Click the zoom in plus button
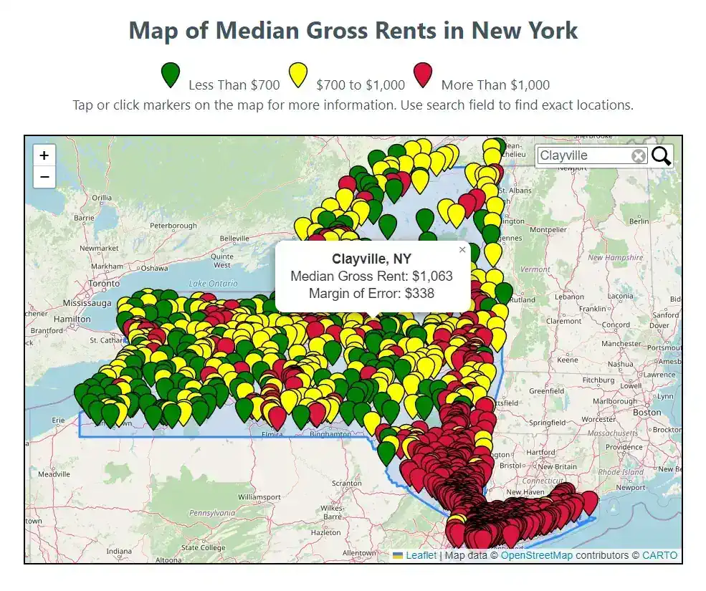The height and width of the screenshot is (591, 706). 44,155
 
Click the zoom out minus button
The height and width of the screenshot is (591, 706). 44,176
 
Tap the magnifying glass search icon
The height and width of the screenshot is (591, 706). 662,155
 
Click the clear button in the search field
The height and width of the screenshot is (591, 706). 638,156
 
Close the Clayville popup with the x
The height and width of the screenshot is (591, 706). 462,250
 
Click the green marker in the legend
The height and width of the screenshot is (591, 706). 171,75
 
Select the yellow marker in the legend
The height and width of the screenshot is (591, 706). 297,75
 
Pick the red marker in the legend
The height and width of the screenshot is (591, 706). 423,75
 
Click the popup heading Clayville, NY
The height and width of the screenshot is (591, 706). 372,259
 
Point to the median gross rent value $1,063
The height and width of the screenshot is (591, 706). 432,276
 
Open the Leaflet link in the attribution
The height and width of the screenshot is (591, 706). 421,555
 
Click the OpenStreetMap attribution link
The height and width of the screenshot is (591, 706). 536,555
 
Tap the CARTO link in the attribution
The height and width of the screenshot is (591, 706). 659,555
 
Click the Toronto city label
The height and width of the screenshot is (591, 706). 105,284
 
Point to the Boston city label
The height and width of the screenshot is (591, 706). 647,412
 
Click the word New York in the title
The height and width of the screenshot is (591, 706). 524,31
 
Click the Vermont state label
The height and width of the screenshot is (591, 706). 534,269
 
